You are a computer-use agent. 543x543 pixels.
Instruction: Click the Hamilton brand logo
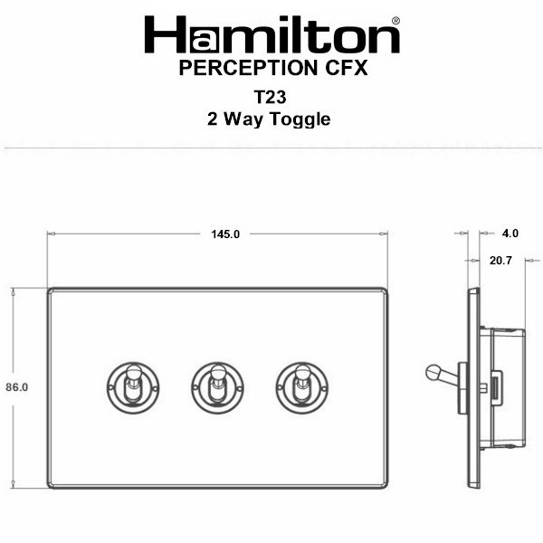pyautogui.click(x=272, y=34)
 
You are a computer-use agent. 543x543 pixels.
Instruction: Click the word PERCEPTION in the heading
pyautogui.click(x=248, y=68)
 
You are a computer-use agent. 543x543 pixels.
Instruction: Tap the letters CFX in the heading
pyautogui.click(x=346, y=68)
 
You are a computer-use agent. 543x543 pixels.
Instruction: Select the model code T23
pyautogui.click(x=270, y=98)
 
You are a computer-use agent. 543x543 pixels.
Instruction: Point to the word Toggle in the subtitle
pyautogui.click(x=300, y=119)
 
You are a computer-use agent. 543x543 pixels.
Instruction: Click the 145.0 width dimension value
pyautogui.click(x=225, y=234)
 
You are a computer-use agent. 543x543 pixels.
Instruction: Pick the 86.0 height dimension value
pyautogui.click(x=16, y=387)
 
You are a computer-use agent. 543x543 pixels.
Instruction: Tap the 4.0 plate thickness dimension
pyautogui.click(x=510, y=233)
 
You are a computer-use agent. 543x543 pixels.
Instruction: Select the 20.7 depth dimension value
pyautogui.click(x=500, y=261)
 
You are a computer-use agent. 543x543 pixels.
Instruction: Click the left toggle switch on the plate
pyautogui.click(x=133, y=388)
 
